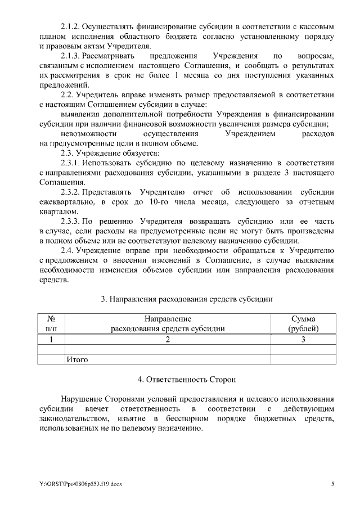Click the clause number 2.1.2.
pos(71,26)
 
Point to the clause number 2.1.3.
pos(71,57)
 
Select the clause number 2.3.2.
pos(71,192)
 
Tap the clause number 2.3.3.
pos(71,222)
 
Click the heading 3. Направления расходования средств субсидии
pos(187,299)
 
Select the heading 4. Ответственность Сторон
pos(187,380)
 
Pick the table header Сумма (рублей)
pos(303,323)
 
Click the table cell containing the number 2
pos(167,339)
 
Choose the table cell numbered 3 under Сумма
pos(303,339)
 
